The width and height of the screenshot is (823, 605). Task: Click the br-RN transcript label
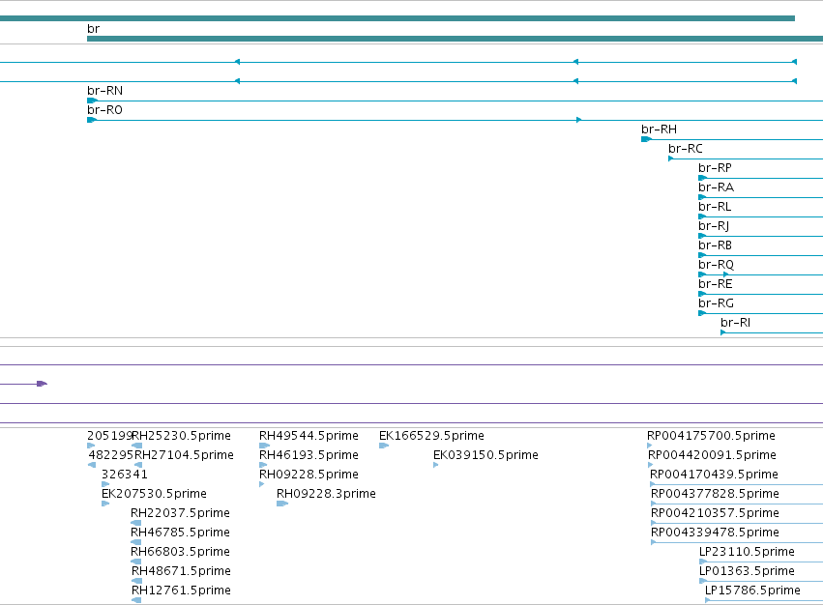click(105, 91)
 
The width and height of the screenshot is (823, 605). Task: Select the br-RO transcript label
click(105, 110)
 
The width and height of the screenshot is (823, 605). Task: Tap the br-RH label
click(659, 130)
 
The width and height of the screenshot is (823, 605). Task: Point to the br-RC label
click(686, 149)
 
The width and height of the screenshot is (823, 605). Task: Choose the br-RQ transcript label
click(716, 265)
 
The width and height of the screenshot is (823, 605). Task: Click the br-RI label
click(735, 323)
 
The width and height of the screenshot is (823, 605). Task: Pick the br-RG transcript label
click(716, 303)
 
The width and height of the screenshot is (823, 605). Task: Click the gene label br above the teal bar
click(93, 29)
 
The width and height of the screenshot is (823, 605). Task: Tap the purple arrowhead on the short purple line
click(42, 384)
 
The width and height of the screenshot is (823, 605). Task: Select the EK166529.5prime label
click(431, 436)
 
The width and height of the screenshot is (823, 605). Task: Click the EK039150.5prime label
click(485, 455)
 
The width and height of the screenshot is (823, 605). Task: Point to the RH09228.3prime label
click(326, 494)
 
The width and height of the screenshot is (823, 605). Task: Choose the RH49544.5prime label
click(309, 436)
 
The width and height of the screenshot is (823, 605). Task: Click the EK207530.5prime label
click(154, 494)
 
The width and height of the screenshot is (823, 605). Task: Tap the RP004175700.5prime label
click(711, 436)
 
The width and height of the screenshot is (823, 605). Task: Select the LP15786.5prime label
click(752, 591)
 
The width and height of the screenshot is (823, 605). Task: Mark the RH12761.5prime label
click(181, 591)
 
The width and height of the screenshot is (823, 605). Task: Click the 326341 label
click(125, 475)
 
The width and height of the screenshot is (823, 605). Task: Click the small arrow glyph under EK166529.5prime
click(384, 446)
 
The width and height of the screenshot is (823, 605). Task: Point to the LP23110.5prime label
click(747, 552)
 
